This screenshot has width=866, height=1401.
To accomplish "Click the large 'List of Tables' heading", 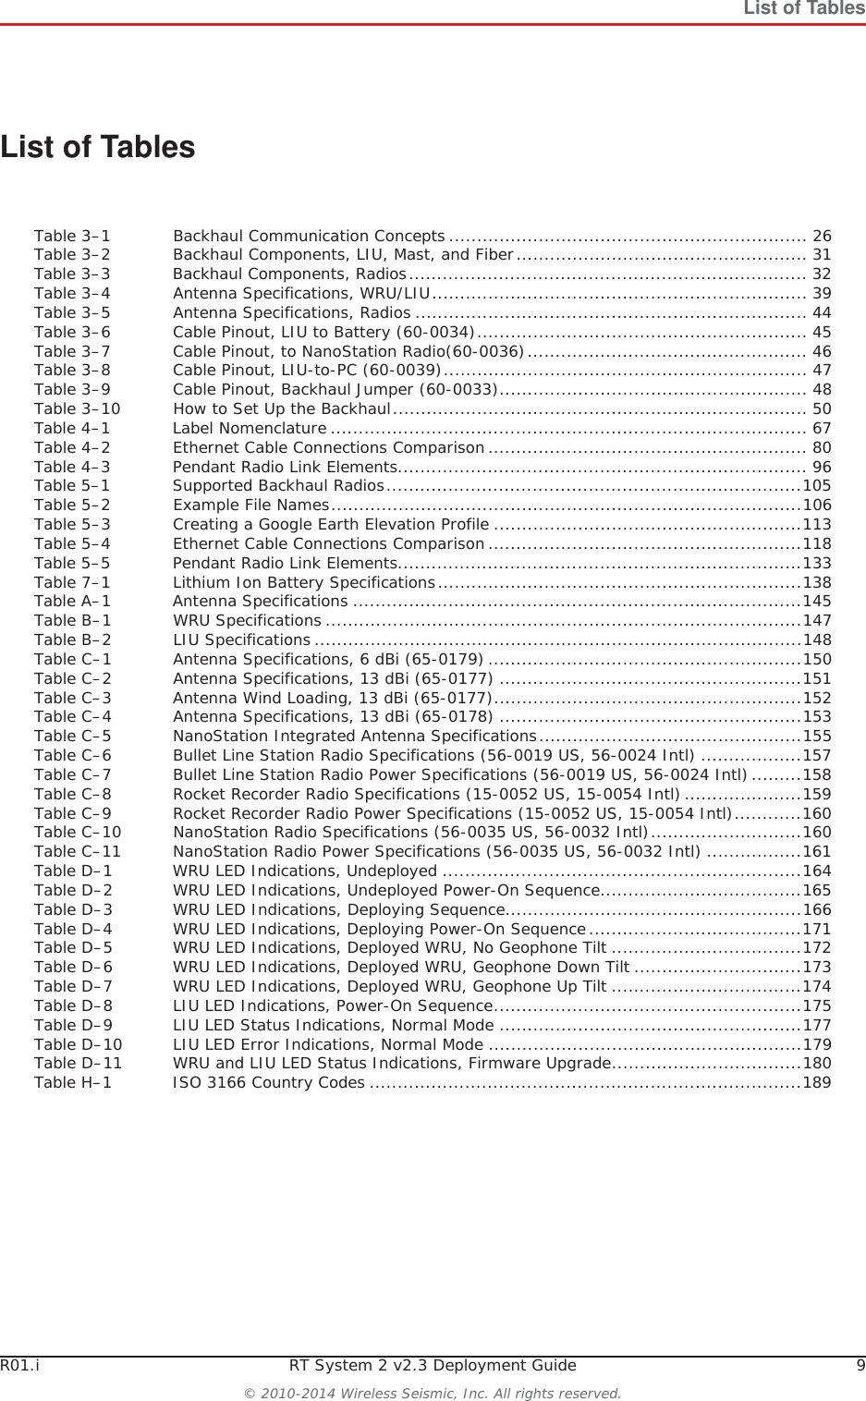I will tap(98, 147).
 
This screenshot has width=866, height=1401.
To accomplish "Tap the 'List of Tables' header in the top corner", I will tap(804, 8).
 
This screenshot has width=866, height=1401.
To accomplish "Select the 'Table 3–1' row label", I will tap(72, 236).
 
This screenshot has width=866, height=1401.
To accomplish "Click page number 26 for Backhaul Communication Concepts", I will tap(821, 236).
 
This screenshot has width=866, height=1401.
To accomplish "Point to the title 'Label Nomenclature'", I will tap(250, 428).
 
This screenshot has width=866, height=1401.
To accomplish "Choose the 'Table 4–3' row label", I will tap(72, 467).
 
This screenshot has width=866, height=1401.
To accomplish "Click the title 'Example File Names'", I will tap(250, 505).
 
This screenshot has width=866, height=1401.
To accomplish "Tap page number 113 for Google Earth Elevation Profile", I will tap(817, 524).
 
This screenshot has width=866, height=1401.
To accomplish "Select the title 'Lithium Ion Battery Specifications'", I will tap(304, 582).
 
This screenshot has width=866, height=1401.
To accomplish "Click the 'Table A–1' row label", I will tap(72, 601).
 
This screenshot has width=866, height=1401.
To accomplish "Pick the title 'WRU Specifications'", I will tap(247, 620).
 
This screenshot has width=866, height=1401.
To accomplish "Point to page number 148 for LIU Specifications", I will tap(817, 640).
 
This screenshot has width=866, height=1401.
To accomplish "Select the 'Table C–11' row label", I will tap(78, 851).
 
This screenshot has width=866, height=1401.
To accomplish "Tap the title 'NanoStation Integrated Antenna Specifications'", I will tap(355, 736).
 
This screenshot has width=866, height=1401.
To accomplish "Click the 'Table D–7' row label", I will tap(73, 986).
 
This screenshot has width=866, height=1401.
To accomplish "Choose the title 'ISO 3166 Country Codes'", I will tap(269, 1082).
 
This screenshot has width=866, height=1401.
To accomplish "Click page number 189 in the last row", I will tap(817, 1082).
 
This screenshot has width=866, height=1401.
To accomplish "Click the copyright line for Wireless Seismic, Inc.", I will tap(433, 1393).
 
